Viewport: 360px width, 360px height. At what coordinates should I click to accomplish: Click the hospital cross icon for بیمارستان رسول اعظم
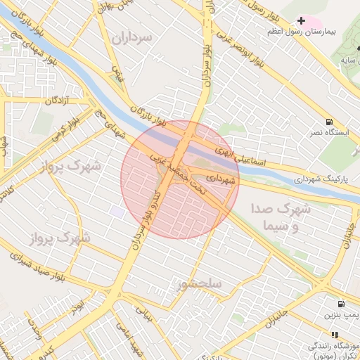click(302, 21)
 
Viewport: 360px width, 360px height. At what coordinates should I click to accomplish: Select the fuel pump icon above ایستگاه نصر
click(329, 121)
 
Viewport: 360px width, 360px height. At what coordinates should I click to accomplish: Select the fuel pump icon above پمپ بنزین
click(341, 304)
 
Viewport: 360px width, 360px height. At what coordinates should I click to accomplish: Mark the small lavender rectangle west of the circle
click(117, 212)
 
